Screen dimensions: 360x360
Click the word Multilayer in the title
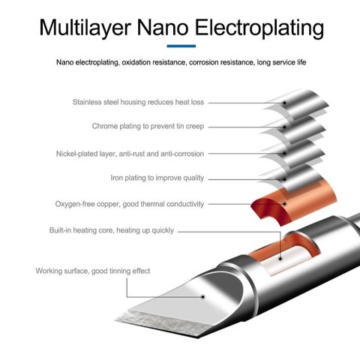(85, 28)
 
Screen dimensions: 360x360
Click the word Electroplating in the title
(259, 28)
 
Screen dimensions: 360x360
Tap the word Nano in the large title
(163, 28)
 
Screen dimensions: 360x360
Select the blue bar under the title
(181, 46)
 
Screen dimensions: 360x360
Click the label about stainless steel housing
(138, 102)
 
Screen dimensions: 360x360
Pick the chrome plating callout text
(148, 126)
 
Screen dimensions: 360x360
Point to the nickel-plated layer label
(130, 154)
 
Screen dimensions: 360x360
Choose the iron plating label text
(157, 178)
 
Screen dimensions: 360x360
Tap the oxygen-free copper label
(130, 204)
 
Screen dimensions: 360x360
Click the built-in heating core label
(112, 230)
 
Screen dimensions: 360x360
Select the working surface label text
(93, 271)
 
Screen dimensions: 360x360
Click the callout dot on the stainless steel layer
(284, 103)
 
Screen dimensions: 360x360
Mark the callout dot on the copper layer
(284, 204)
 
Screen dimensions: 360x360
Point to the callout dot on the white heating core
(280, 259)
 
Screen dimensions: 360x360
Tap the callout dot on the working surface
(203, 297)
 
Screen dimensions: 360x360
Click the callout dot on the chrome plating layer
(284, 127)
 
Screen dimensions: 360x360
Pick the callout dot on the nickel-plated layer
(284, 154)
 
